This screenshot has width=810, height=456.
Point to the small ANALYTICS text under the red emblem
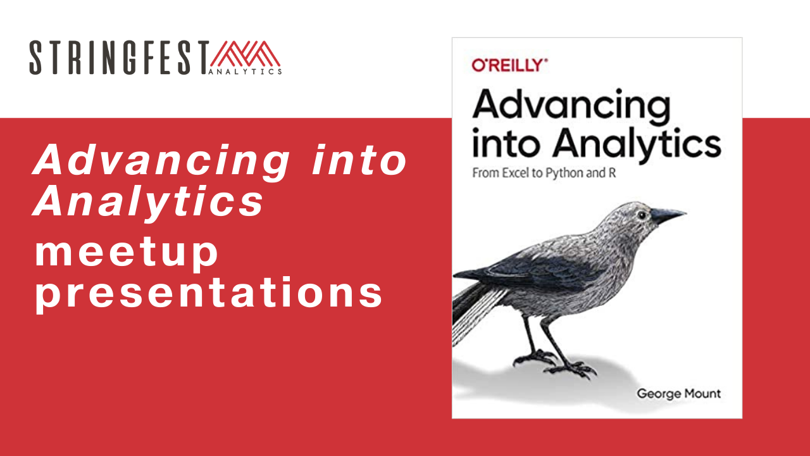point(245,72)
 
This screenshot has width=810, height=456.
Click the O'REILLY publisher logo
point(510,65)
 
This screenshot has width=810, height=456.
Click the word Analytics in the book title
point(637,146)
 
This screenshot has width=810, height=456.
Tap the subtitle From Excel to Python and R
point(544,173)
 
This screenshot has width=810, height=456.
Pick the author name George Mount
point(679,394)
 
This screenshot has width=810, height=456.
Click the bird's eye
point(642,215)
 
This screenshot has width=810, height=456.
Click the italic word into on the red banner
point(359,160)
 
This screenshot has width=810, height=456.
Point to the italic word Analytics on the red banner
point(148,201)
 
